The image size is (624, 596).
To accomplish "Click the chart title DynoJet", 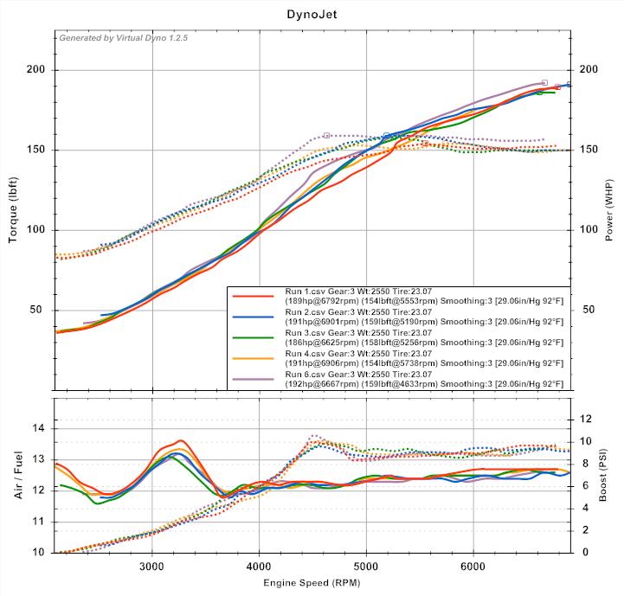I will click(312, 15).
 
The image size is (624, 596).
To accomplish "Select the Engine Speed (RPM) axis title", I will click(312, 583).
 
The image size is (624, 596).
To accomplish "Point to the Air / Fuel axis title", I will click(14, 474).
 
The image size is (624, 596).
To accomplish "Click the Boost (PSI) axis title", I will click(609, 474).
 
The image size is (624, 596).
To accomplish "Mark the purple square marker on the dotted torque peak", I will click(326, 135).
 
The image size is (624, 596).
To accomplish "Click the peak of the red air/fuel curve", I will click(180, 440).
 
